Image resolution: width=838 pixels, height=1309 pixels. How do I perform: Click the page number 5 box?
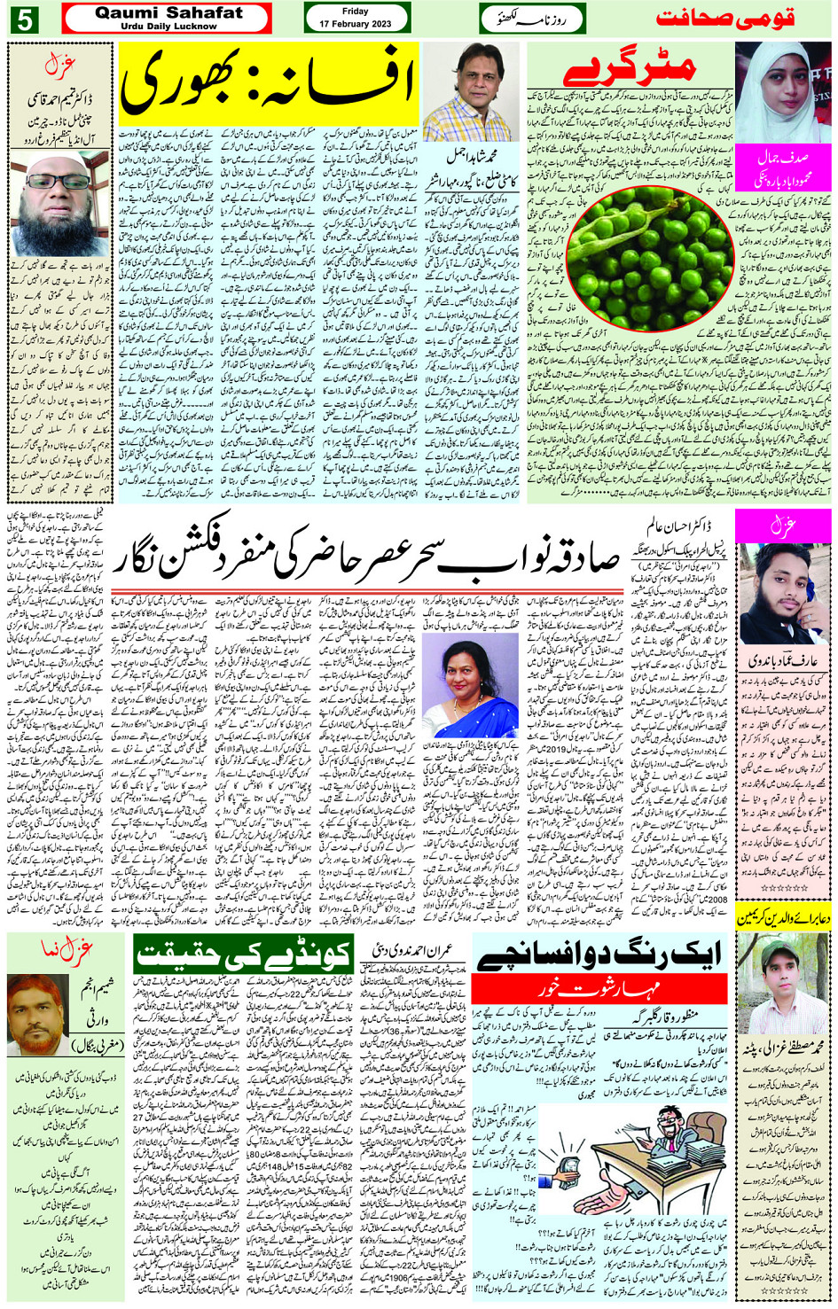pos(24,19)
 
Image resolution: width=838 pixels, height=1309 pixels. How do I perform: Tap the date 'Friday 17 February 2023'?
pos(356,18)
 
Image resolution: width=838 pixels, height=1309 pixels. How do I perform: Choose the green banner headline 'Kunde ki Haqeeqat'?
pos(243,953)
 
